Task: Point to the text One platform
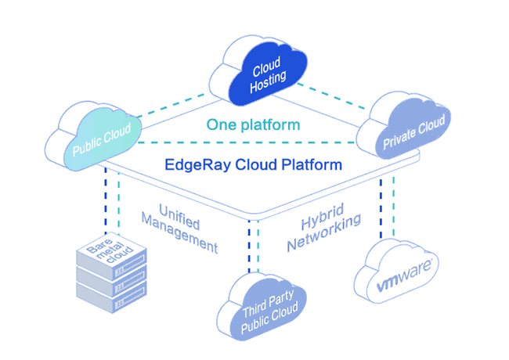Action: point(253,124)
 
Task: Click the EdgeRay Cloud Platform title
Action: point(253,165)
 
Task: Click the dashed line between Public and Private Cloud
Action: point(251,143)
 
